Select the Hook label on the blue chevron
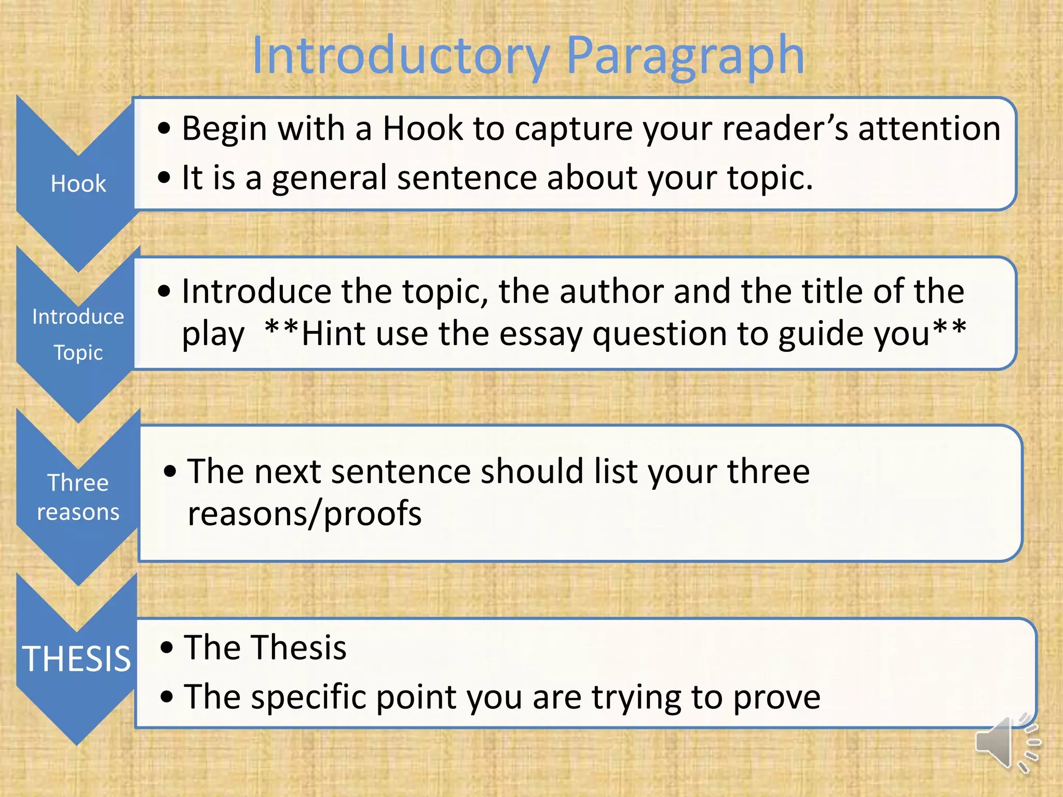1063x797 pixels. (x=78, y=184)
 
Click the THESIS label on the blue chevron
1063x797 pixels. (x=76, y=659)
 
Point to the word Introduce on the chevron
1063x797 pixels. (x=78, y=317)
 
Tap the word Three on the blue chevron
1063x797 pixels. (x=78, y=483)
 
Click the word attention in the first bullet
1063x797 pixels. (x=929, y=128)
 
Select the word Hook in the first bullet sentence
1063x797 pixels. (x=423, y=128)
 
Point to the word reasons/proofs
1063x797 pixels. (x=305, y=514)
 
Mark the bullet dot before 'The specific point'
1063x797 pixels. (x=167, y=697)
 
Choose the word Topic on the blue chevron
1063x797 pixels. (x=78, y=353)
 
